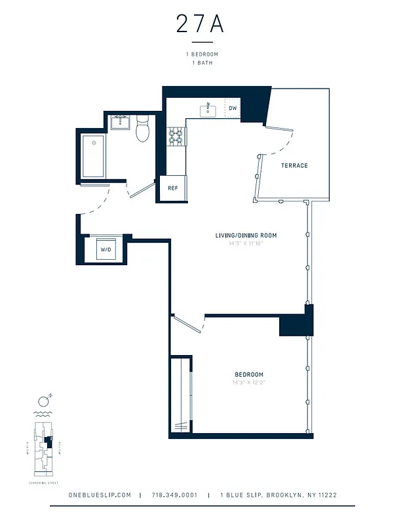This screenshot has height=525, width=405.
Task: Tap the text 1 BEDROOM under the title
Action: pos(202,54)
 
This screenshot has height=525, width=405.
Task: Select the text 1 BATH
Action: pos(202,63)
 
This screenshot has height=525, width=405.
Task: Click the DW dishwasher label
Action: pos(233,108)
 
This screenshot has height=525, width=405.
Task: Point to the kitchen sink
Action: pos(208,110)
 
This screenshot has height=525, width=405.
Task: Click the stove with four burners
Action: pos(176,136)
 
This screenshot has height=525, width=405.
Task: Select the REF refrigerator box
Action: pos(173,188)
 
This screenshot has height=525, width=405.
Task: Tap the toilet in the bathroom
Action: pos(144,130)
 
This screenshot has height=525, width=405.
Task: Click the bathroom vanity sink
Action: pos(120,121)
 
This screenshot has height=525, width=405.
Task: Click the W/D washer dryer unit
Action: pos(105,249)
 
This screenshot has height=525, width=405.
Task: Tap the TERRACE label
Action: pos(294,165)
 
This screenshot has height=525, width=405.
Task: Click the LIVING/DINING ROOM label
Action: pos(246,235)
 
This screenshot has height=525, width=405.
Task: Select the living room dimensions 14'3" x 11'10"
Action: pos(246,243)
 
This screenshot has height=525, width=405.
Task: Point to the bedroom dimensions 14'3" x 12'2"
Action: pos(248,383)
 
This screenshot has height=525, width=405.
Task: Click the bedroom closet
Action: pos(180,394)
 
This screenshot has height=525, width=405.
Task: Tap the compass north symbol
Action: pos(44,400)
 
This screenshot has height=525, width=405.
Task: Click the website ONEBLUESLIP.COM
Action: pos(100,495)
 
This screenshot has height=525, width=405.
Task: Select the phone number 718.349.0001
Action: pos(174,495)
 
